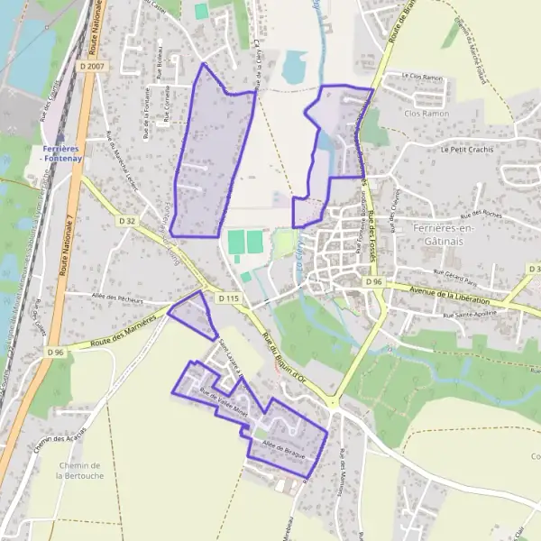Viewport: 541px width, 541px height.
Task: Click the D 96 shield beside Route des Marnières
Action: (x=55, y=352)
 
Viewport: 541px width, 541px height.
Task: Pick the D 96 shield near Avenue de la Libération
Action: (x=375, y=282)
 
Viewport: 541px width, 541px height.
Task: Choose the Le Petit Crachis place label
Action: (x=470, y=150)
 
